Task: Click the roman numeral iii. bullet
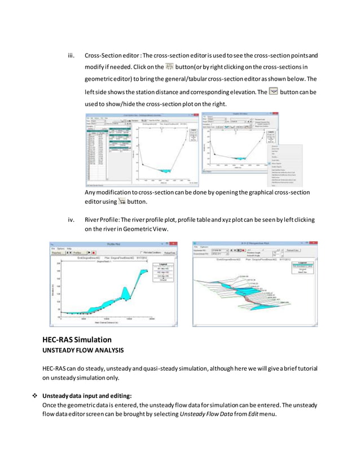(x=71, y=55)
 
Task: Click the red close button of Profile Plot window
(x=173, y=244)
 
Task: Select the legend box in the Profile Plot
(x=163, y=271)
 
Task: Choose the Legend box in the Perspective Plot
(x=304, y=267)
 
